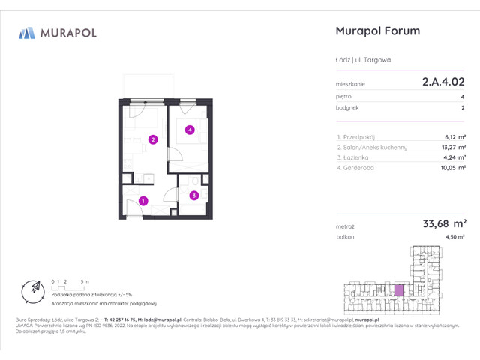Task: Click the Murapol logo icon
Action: click(27, 32)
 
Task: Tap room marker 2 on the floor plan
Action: click(152, 139)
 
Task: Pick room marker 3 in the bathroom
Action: click(193, 196)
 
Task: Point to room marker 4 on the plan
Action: click(190, 130)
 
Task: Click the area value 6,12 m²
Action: click(455, 137)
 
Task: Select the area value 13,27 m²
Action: click(454, 148)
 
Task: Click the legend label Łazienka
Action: click(356, 158)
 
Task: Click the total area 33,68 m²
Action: click(445, 223)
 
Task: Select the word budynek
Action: click(347, 108)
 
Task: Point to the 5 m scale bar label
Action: click(85, 281)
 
